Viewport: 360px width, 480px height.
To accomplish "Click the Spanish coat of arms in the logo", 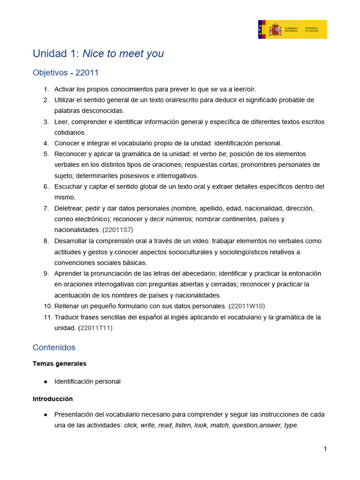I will point(275,30).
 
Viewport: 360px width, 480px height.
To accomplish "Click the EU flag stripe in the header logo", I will point(262,30).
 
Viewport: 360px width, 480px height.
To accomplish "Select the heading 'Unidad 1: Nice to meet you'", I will point(98,53).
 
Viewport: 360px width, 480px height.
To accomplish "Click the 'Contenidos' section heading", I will point(54,347).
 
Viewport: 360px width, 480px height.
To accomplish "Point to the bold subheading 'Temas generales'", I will point(60,363).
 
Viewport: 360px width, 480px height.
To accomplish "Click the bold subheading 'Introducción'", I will point(52,399).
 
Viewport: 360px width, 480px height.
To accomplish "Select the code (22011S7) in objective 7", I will point(114,230).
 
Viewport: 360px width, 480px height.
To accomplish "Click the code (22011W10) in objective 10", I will point(247,306).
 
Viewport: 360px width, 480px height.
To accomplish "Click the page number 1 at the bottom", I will point(325,449).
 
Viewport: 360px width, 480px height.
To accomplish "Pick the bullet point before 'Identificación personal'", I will point(45,382).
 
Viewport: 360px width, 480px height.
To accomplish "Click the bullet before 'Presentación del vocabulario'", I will point(45,415).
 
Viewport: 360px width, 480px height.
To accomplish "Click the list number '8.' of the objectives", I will point(46,241).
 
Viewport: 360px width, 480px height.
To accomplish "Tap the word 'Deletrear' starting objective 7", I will point(69,208).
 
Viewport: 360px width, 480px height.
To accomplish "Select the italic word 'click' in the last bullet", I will point(131,426).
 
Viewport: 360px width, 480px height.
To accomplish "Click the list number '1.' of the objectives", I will point(46,89).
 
